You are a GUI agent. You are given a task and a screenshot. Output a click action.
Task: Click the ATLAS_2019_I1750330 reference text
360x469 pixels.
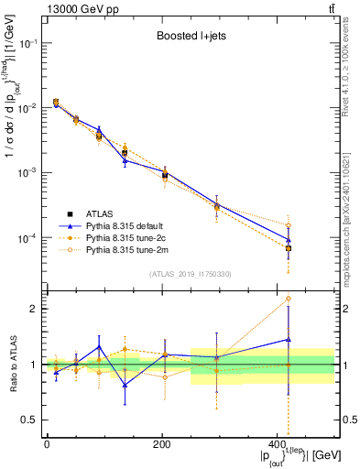tap(191, 274)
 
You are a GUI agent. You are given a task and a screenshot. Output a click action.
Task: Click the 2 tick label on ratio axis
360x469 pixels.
tap(32, 309)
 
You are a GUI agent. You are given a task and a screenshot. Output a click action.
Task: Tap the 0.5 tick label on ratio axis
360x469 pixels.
tap(28, 420)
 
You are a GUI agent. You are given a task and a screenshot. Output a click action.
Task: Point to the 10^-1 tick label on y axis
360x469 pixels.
tap(26, 44)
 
